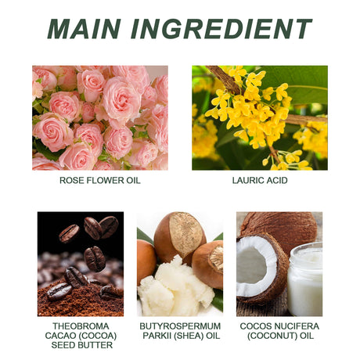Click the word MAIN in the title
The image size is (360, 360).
point(84,29)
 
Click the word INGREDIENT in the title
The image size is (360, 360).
point(221,29)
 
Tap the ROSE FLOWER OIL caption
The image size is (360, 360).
point(100,180)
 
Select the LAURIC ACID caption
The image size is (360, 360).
point(260,180)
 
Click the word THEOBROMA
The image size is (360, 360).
point(81,326)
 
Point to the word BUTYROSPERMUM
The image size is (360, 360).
point(180,326)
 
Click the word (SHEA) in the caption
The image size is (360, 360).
point(189,336)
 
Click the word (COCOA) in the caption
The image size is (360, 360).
point(99,336)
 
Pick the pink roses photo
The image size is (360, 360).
point(100,118)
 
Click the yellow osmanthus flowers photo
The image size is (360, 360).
point(260,118)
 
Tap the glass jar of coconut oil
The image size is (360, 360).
point(305,279)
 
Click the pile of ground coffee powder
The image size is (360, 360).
point(78,300)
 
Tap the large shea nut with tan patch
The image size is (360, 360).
point(180,236)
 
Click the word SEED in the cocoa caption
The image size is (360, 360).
point(63,345)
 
